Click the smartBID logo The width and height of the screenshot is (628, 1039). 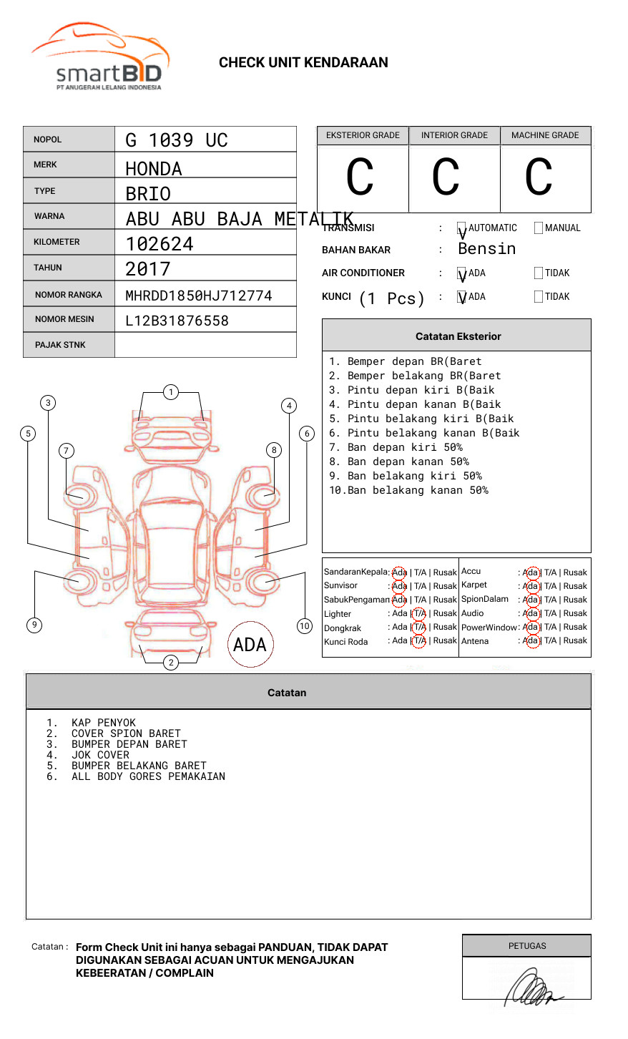click(100, 57)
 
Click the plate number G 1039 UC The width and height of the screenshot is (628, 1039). click(176, 140)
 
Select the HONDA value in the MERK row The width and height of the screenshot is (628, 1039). click(154, 169)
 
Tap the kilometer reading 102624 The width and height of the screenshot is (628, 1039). click(160, 244)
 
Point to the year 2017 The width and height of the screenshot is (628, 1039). click(148, 269)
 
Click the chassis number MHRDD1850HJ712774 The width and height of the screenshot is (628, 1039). click(198, 296)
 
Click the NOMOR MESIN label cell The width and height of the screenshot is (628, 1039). click(69, 319)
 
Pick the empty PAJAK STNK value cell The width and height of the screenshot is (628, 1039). click(205, 345)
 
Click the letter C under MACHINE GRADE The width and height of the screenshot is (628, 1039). click(539, 177)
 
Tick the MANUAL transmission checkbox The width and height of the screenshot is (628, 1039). click(539, 228)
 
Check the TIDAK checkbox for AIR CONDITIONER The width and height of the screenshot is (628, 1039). click(539, 273)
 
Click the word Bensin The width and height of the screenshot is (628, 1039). click(486, 249)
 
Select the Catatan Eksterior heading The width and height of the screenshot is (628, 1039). click(458, 336)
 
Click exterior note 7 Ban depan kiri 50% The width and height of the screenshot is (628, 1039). click(404, 447)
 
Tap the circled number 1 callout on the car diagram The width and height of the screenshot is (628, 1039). click(170, 391)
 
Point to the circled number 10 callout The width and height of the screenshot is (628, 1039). click(305, 626)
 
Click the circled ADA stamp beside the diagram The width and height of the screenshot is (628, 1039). click(250, 644)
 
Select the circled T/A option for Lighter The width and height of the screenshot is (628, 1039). click(419, 613)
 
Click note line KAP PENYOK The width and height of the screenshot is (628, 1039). click(103, 723)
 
